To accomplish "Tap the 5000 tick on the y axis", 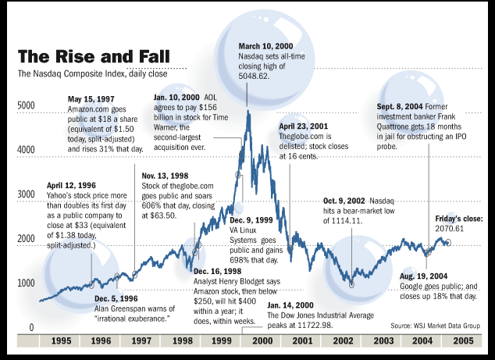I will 27,105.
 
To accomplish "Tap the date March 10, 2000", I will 265,46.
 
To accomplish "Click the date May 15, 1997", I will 91,100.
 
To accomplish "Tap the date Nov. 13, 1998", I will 165,176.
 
